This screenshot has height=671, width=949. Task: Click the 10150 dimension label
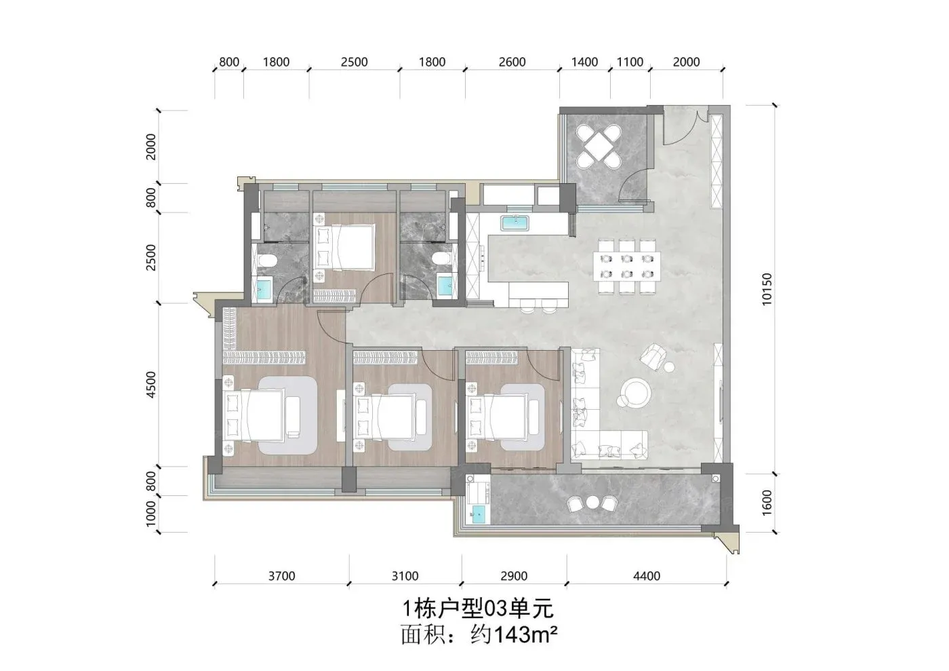point(767,289)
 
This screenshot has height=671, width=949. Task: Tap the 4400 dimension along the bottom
point(647,576)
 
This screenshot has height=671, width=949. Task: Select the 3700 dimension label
point(282,576)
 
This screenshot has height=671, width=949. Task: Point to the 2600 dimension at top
point(512,62)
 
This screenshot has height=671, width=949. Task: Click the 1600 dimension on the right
point(767,503)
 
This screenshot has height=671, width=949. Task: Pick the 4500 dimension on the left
point(150,384)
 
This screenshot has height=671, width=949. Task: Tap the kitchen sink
point(514,223)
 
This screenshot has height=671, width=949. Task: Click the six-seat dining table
point(627,266)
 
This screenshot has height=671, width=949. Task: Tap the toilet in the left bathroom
point(266,260)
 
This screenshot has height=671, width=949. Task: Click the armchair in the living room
point(653,356)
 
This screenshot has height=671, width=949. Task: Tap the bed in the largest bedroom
point(254,416)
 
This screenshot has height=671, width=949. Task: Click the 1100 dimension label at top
point(630,62)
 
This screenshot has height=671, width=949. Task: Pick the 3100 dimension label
point(405,576)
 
